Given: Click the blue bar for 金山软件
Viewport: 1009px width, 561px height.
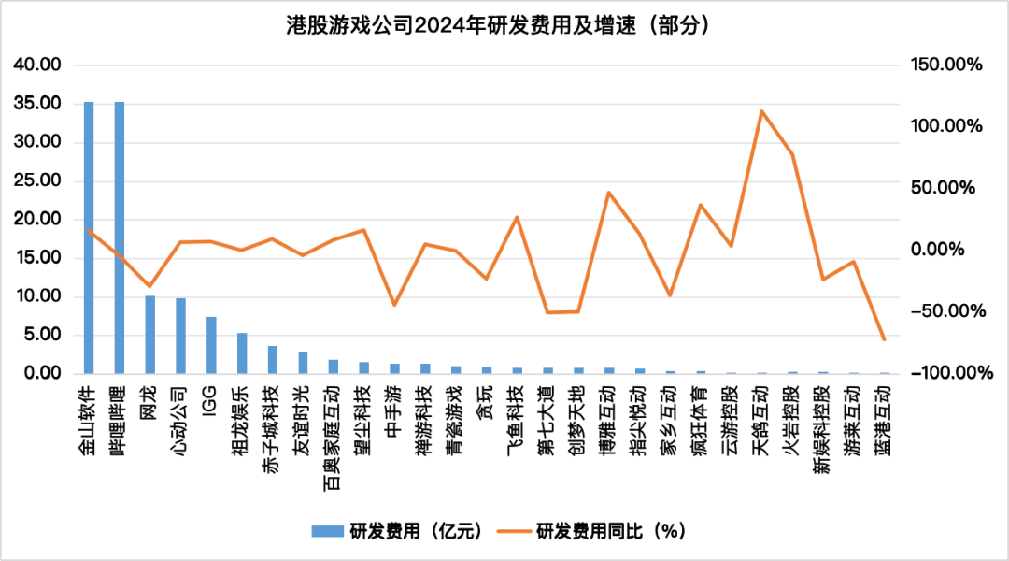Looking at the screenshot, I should pyautogui.click(x=89, y=238).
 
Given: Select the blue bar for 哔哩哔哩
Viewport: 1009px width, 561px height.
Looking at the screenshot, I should pyautogui.click(x=120, y=238).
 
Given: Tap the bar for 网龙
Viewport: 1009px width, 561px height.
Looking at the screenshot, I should pyautogui.click(x=150, y=335).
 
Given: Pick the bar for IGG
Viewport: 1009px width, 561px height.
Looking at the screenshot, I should pyautogui.click(x=211, y=345).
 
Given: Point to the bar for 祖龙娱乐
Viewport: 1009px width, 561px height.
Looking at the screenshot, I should pyautogui.click(x=242, y=353).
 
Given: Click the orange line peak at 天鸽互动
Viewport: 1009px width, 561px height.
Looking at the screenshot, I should pyautogui.click(x=761, y=111).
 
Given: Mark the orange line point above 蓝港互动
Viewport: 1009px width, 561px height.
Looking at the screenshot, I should pyautogui.click(x=884, y=339).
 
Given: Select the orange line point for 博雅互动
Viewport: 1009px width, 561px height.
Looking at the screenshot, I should pyautogui.click(x=609, y=193).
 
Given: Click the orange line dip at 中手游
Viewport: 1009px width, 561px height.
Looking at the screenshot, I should pyautogui.click(x=394, y=305).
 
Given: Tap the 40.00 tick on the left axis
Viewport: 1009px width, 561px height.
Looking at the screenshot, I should pyautogui.click(x=37, y=65).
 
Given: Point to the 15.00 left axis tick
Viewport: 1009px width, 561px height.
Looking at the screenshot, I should pyautogui.click(x=37, y=258).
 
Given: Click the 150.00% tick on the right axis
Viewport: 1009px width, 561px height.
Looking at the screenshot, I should pyautogui.click(x=945, y=65).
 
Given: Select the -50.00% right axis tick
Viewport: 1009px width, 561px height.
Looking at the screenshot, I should pyautogui.click(x=945, y=311).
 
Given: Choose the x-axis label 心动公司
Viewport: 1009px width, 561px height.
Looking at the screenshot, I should pyautogui.click(x=180, y=410).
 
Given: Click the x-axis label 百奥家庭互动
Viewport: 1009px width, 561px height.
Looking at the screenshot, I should pyautogui.click(x=333, y=420).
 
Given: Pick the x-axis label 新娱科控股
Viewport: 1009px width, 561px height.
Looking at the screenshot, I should pyautogui.click(x=821, y=415).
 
